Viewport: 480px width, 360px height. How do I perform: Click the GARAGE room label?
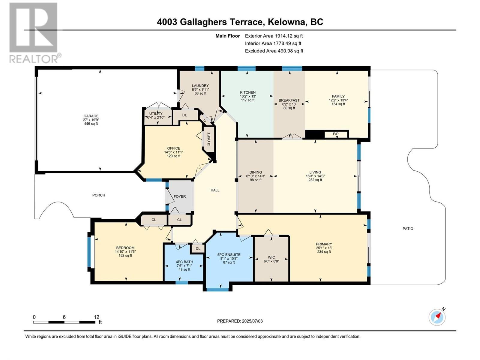click(91, 116)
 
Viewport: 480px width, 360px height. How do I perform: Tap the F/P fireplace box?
click(336, 134)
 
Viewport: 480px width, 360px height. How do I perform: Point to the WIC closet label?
click(271, 257)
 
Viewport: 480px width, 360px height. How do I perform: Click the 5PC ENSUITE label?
click(229, 255)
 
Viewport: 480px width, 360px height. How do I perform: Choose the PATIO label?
click(408, 229)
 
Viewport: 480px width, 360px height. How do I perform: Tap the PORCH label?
click(99, 195)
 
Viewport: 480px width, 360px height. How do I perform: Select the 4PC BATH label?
click(184, 262)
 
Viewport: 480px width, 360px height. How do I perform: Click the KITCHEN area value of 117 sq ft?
click(248, 100)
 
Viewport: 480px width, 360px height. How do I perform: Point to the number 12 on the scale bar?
click(96, 317)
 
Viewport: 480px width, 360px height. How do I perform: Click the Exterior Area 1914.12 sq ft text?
click(274, 36)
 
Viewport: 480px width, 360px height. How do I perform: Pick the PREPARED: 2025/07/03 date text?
click(240, 321)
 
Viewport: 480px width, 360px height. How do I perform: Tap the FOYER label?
click(180, 196)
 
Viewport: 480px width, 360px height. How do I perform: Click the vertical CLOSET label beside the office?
click(209, 139)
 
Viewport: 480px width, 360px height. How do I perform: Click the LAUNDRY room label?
click(200, 86)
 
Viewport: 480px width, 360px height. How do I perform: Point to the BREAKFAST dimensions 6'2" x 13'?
click(289, 104)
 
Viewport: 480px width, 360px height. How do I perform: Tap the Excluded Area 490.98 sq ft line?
click(274, 51)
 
